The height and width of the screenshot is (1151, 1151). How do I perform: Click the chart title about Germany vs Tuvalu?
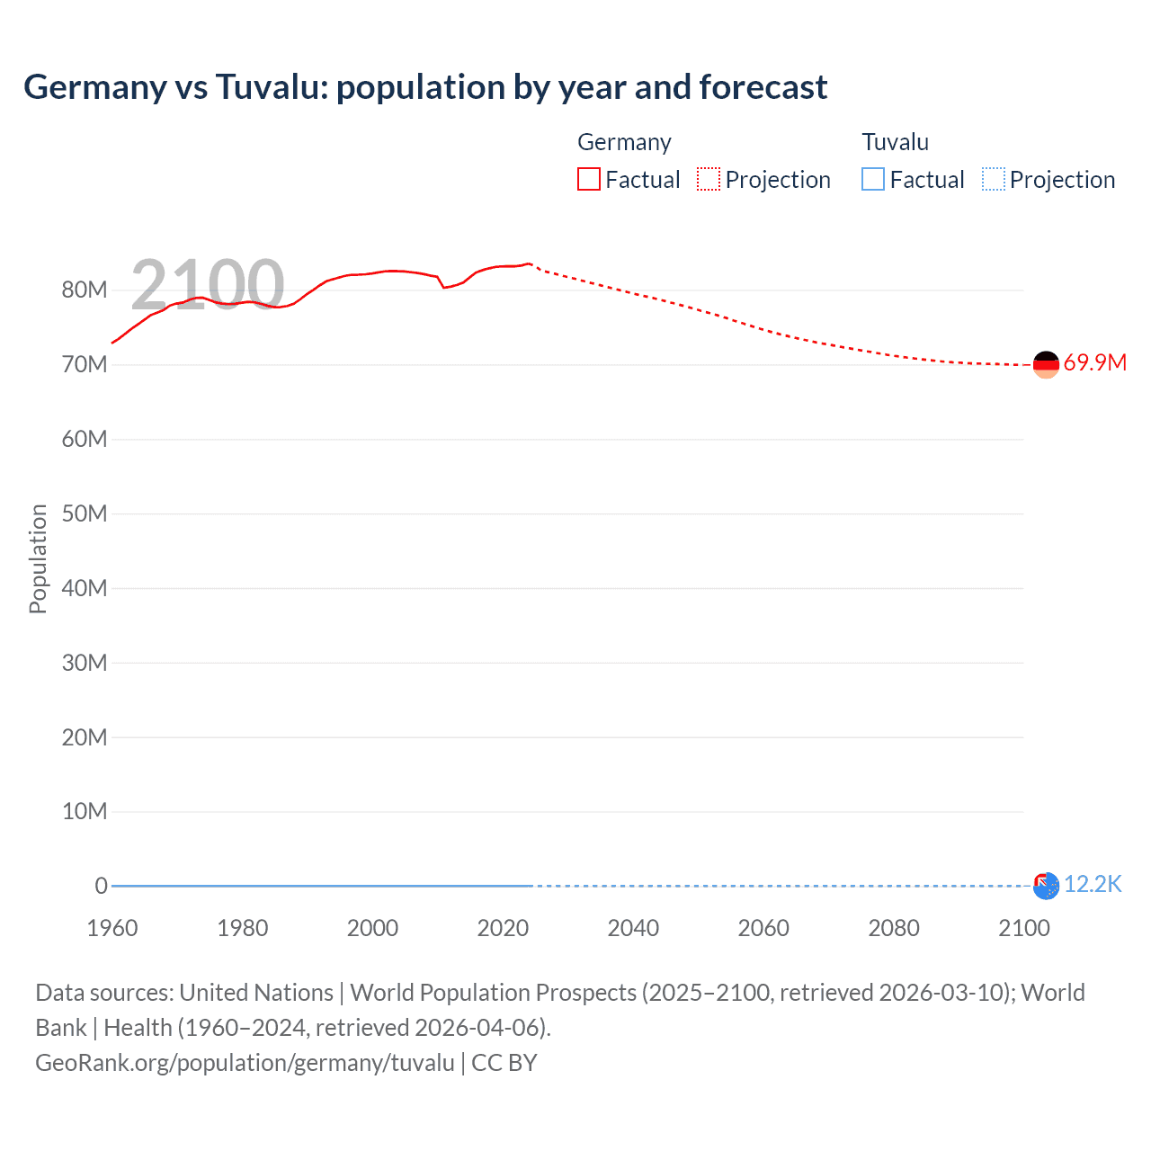coord(424,87)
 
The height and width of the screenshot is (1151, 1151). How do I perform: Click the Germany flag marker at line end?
coord(1046,364)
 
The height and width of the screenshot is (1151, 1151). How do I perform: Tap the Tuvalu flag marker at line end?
coord(1046,886)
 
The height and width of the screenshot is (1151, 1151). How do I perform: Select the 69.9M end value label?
coord(1094,363)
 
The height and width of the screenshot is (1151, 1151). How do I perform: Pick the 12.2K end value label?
coord(1093,885)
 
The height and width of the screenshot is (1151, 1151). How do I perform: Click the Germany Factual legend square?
coord(589,179)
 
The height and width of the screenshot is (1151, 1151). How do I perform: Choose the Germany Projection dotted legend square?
coord(709,179)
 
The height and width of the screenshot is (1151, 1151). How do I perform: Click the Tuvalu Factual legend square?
coord(873,179)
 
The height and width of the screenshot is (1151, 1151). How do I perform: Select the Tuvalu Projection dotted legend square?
coord(993,179)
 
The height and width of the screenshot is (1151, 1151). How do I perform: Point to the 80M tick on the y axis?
coord(85,290)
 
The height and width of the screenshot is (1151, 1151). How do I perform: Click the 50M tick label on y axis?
coord(85,513)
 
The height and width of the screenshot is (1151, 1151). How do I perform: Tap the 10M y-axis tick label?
coord(85,812)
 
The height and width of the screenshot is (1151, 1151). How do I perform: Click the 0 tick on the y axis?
coord(101,886)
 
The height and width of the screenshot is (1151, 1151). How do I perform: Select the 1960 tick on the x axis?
coord(112,928)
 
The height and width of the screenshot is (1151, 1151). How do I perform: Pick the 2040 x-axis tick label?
coord(633,928)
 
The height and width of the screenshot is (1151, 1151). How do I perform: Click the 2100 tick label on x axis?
coord(1023,928)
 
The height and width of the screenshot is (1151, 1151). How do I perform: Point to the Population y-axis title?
coord(38,558)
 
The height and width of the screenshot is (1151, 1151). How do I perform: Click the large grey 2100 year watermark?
coord(208,285)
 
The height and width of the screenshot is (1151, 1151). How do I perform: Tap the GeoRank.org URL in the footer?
coord(245,1063)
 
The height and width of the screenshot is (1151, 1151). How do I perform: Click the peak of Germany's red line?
coord(529,263)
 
